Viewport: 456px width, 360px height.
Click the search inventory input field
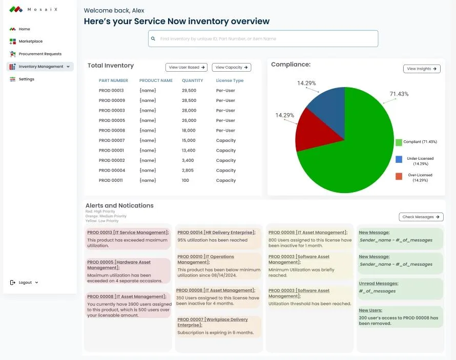(x=263, y=39)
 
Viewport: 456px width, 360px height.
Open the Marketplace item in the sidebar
(x=30, y=41)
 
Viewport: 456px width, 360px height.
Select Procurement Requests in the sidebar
(x=39, y=54)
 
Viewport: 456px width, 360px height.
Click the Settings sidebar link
(x=26, y=79)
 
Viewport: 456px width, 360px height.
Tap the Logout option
(x=25, y=283)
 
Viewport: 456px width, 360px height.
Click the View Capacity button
(x=231, y=68)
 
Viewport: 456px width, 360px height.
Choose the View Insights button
(x=422, y=69)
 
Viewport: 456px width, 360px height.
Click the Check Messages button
(x=421, y=217)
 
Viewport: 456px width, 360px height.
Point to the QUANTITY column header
(x=192, y=81)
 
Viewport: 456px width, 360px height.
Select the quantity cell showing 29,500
(x=189, y=91)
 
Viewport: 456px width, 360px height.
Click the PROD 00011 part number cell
(x=111, y=181)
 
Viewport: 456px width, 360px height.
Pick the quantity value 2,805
(x=188, y=171)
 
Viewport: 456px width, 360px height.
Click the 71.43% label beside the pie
(x=399, y=94)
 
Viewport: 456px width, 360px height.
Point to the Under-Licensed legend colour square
(x=399, y=159)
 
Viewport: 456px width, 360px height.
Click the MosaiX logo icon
(x=16, y=9)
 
